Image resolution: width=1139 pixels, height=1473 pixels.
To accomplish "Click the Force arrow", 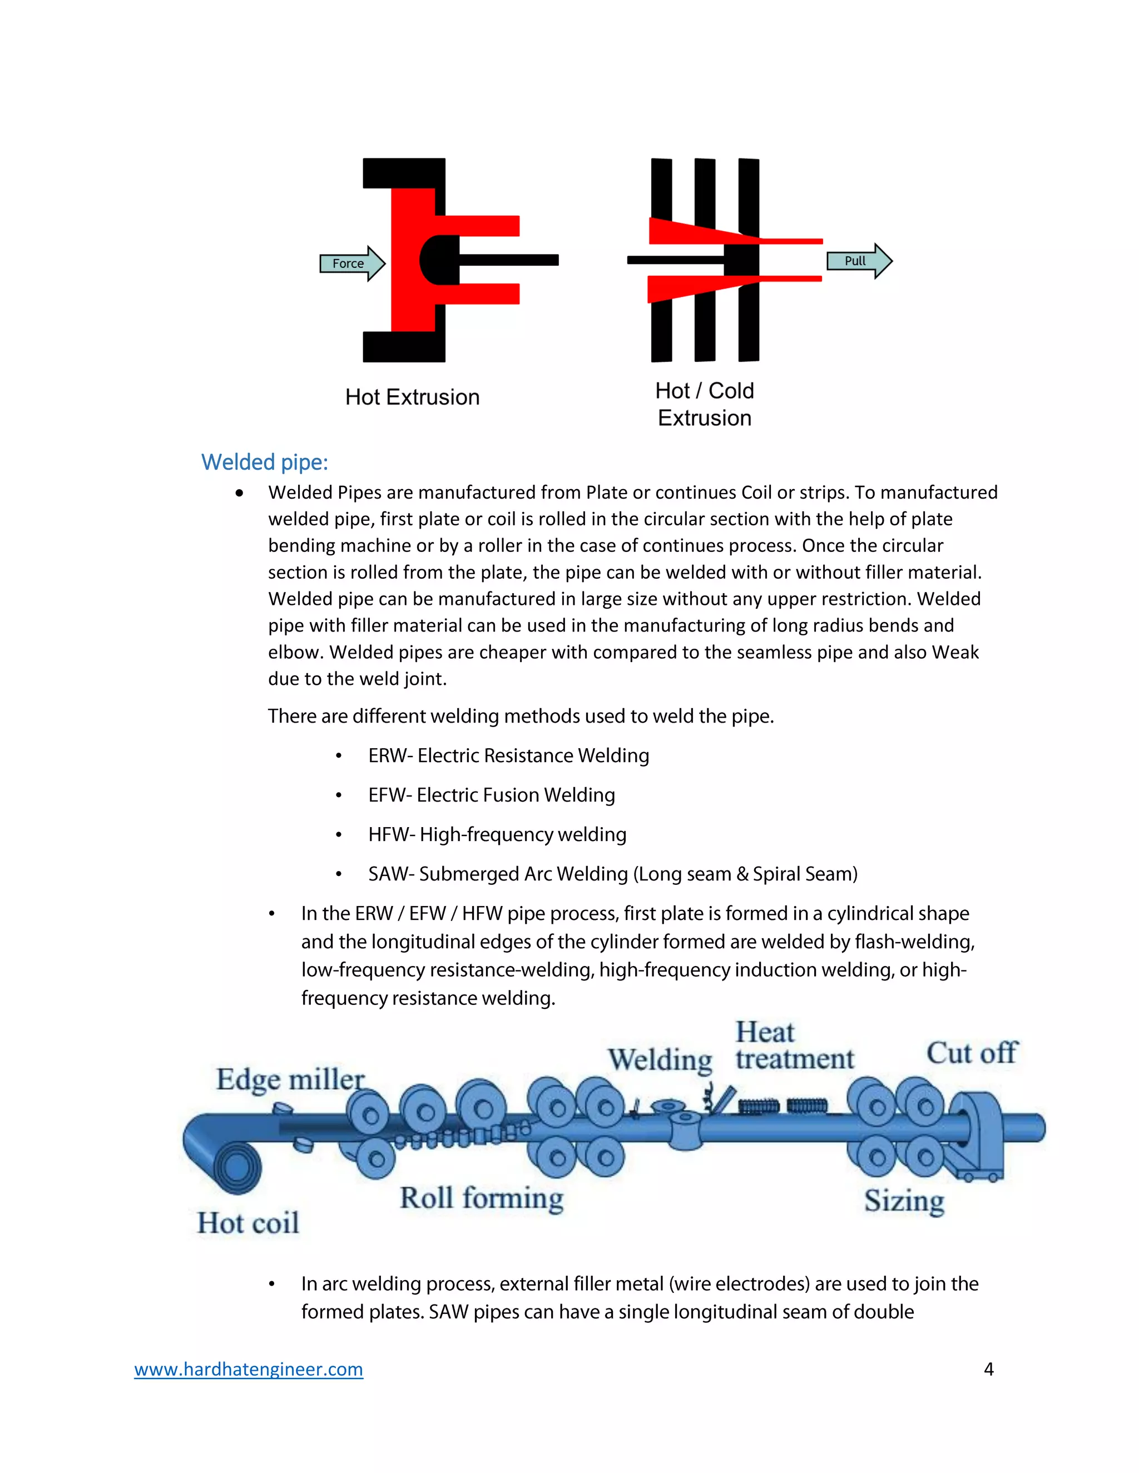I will (x=351, y=263).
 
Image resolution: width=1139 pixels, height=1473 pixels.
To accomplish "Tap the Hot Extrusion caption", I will (x=412, y=397).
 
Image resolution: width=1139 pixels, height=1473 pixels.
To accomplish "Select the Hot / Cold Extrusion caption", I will (x=705, y=404).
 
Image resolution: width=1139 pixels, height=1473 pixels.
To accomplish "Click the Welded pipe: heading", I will (x=265, y=462).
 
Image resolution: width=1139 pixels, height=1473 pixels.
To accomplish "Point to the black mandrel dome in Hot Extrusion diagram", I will (x=437, y=260).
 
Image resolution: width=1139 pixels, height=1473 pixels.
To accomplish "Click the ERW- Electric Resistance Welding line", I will (x=508, y=755).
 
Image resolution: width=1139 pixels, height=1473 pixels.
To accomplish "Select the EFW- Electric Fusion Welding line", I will (x=491, y=795).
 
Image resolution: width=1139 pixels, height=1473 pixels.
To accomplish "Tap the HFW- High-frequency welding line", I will (x=497, y=835).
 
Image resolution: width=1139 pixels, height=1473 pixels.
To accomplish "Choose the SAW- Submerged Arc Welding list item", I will (x=613, y=874).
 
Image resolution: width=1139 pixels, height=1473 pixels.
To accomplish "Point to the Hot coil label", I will (x=247, y=1223).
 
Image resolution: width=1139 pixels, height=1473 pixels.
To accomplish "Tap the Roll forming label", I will (x=481, y=1198).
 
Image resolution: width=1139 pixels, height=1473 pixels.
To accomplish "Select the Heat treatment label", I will (x=794, y=1046).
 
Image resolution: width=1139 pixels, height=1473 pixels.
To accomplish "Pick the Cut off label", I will (x=971, y=1053).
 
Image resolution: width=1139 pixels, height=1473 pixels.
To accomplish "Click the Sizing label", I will (x=904, y=1201).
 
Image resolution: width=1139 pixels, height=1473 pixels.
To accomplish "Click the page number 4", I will (x=988, y=1369).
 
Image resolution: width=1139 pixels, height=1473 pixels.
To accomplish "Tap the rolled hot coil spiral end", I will (x=236, y=1167).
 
